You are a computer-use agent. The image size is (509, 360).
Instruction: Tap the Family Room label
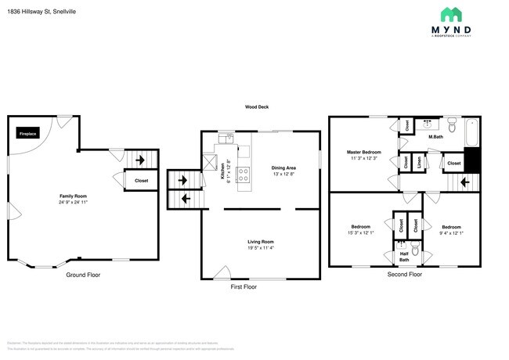click(x=71, y=196)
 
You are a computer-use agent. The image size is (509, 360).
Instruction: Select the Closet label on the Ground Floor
click(x=141, y=181)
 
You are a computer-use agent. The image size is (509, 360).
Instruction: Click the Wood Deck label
click(x=257, y=107)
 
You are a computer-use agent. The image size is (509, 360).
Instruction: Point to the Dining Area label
click(x=283, y=168)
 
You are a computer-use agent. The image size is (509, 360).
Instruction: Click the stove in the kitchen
click(x=244, y=174)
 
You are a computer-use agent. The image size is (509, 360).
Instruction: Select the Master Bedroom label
click(x=363, y=152)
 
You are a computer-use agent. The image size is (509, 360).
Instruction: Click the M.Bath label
click(x=436, y=138)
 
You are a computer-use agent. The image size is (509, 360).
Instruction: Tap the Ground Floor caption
click(x=83, y=275)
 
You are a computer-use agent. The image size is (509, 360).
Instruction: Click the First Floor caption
click(x=244, y=287)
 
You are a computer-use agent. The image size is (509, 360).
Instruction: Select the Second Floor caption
click(x=404, y=275)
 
